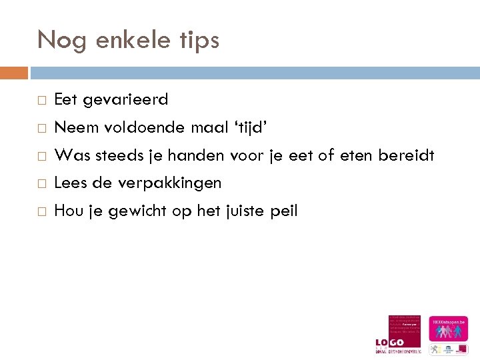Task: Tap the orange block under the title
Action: (x=14, y=72)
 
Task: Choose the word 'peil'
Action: (x=284, y=211)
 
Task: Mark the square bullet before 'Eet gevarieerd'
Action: (x=41, y=101)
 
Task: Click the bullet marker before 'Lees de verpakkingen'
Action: (x=41, y=183)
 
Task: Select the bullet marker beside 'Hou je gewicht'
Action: (x=41, y=211)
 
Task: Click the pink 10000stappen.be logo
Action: (x=448, y=329)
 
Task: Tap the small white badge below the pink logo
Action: (x=448, y=349)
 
